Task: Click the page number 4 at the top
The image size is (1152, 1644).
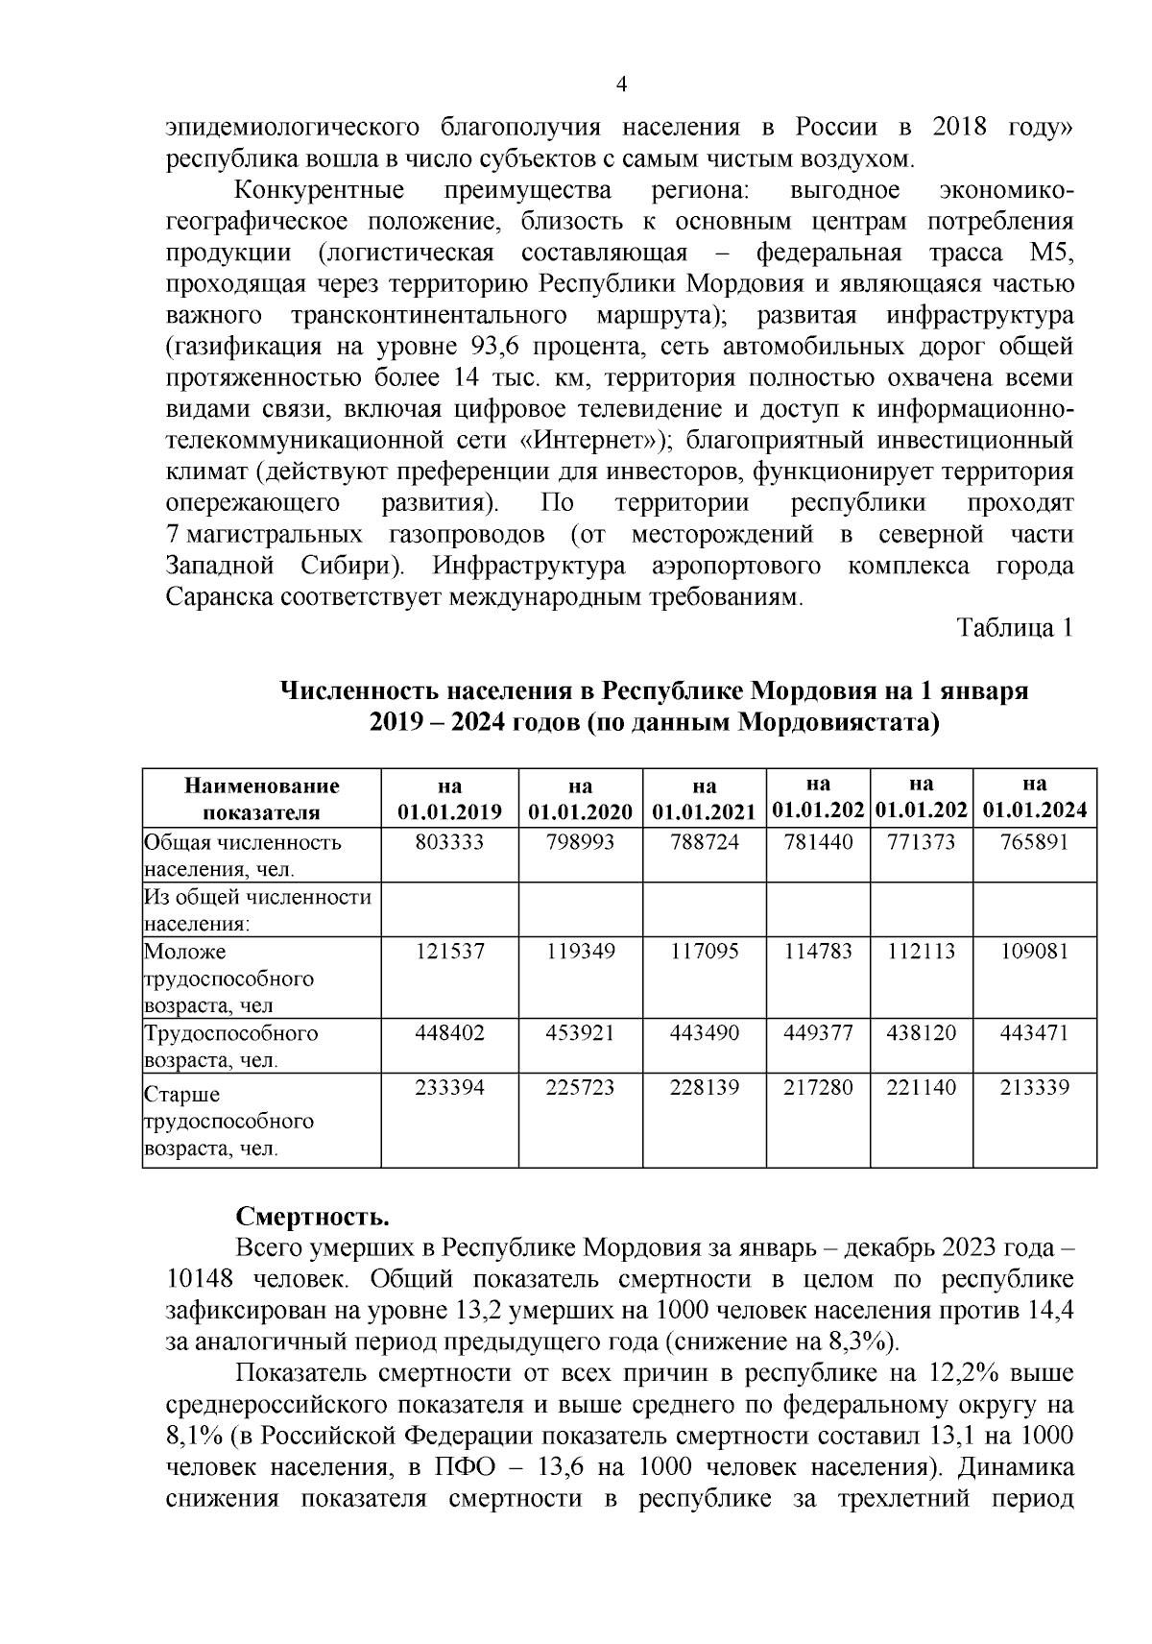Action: point(621,85)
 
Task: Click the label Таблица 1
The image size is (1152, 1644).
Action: point(1014,628)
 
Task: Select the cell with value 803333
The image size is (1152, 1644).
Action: point(449,842)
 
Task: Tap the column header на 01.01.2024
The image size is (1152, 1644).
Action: point(1034,797)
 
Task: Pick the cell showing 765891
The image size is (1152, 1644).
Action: point(1034,842)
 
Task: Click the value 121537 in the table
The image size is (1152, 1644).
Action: point(449,952)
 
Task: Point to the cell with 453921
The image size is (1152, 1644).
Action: point(580,1033)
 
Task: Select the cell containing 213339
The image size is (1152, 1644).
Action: point(1034,1088)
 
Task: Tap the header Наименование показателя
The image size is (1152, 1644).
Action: point(262,798)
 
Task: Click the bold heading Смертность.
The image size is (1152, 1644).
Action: point(313,1218)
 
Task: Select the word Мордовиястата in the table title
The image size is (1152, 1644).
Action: point(833,722)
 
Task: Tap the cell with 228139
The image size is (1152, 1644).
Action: point(704,1088)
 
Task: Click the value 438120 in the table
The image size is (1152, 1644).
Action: point(921,1033)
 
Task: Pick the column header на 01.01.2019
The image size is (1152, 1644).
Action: point(449,797)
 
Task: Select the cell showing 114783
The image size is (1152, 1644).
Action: point(817,952)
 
